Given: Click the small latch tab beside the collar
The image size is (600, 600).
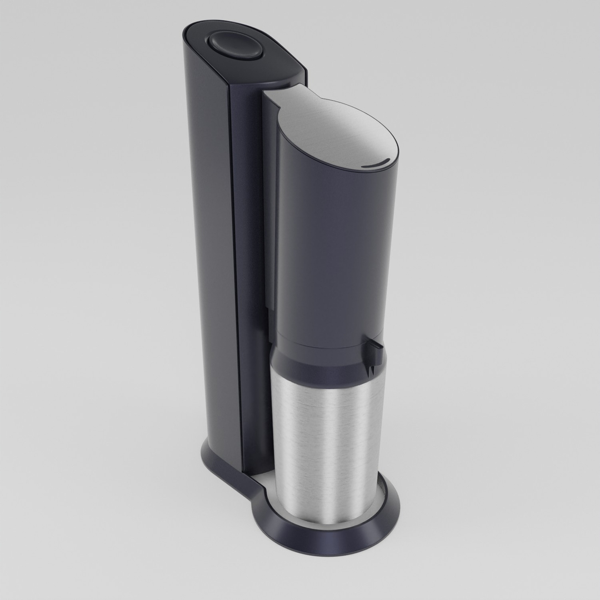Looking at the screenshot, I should click(374, 347).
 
